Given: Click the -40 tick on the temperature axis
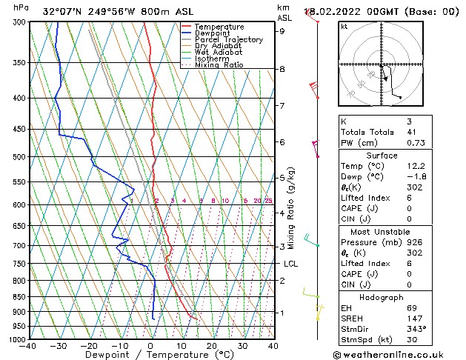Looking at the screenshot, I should click(28, 346).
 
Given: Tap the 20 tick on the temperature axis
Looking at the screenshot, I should click(212, 346).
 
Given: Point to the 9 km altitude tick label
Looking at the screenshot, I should click(282, 31).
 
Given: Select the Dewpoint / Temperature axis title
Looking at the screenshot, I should click(150, 356).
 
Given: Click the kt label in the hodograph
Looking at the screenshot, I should click(344, 27).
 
